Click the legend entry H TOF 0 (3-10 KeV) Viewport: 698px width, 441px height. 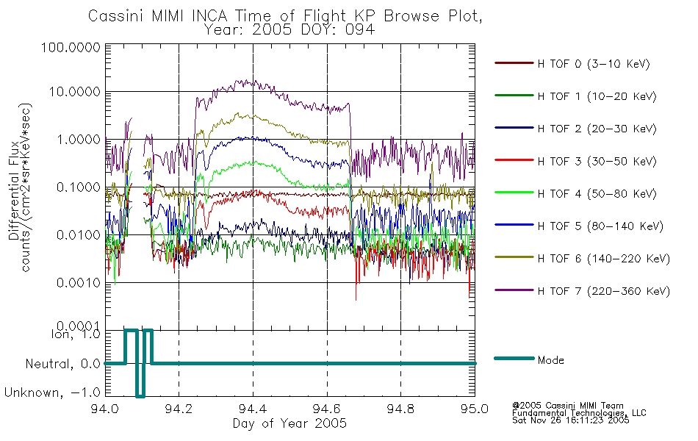coord(594,64)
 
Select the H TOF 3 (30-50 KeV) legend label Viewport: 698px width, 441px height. coord(597,161)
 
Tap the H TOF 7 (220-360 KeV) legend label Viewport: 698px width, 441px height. coord(604,291)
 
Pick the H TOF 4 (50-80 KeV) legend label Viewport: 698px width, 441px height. coord(597,194)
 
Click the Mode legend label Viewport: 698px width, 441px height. coord(550,360)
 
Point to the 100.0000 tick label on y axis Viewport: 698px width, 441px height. coord(71,47)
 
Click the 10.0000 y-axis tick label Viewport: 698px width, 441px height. coord(74,92)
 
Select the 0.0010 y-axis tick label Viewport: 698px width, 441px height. coord(79,282)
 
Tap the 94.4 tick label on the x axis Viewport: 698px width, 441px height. coord(253,409)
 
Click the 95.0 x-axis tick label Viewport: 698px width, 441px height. coord(475,409)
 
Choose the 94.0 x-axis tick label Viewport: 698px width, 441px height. coord(105,409)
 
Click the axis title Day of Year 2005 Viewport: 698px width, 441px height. coord(289,423)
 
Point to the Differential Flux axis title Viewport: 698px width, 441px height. coord(13,190)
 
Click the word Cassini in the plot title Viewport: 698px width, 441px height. coord(117,16)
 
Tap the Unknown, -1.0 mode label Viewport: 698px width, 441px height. coord(52,393)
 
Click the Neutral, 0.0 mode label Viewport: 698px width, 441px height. coord(62,365)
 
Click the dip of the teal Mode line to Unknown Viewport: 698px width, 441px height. coord(140,395)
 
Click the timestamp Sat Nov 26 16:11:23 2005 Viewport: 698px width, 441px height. coord(571,420)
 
